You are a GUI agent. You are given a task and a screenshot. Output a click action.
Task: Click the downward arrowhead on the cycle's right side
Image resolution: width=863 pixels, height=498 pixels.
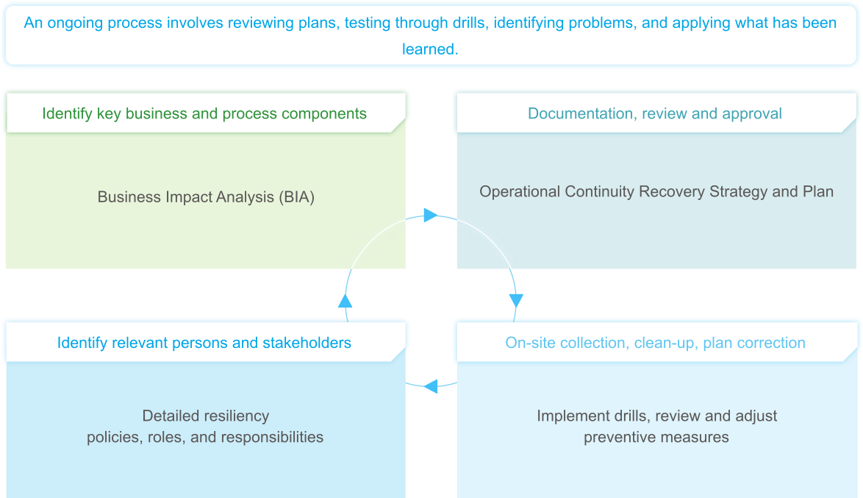click(516, 300)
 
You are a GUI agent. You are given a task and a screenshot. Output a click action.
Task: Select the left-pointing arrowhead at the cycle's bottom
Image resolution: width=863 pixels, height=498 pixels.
click(431, 385)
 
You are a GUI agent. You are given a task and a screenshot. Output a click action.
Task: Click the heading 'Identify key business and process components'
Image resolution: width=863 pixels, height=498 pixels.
click(204, 113)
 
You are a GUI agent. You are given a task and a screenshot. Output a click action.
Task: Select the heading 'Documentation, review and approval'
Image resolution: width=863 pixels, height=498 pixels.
click(654, 113)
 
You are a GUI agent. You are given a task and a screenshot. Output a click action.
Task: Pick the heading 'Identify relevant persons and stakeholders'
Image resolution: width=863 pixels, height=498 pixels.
click(204, 343)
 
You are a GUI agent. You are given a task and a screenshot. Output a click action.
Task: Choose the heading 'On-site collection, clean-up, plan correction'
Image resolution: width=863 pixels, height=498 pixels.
click(655, 343)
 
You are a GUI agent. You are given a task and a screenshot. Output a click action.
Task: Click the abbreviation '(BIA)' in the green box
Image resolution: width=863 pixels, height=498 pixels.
click(296, 197)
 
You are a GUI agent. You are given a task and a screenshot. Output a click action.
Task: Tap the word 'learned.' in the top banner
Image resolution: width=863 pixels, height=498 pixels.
click(430, 49)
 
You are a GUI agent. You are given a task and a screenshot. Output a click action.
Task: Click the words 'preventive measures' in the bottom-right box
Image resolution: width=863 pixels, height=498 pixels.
click(656, 437)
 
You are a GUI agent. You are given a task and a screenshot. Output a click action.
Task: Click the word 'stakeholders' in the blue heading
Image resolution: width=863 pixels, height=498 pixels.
click(309, 343)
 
